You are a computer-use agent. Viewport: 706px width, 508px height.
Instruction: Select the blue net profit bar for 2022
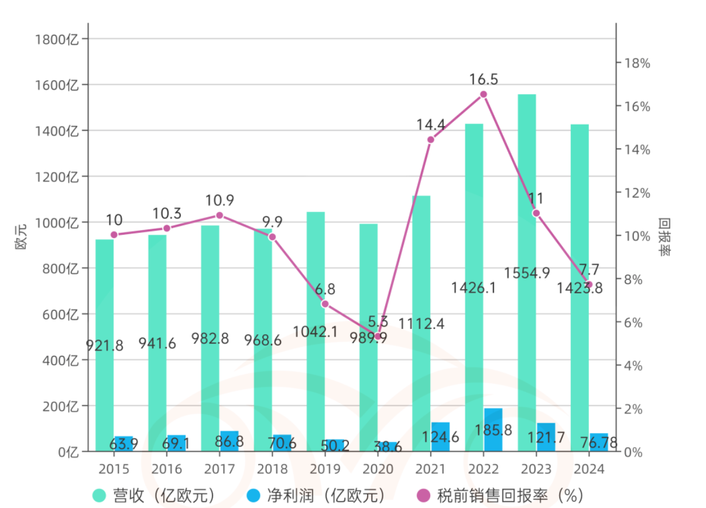(x=493, y=430)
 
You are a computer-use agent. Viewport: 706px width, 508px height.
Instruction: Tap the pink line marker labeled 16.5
(x=484, y=94)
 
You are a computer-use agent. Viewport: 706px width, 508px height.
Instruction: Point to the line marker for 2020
(x=378, y=336)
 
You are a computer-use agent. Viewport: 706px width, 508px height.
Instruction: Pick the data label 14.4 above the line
(x=431, y=124)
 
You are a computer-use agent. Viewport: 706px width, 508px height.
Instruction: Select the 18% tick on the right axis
(x=638, y=63)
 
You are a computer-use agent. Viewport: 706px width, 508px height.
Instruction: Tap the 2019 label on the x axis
(x=325, y=469)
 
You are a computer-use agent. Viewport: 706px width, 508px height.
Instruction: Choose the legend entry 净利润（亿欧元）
(x=316, y=495)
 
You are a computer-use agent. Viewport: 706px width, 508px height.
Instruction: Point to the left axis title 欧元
(x=21, y=241)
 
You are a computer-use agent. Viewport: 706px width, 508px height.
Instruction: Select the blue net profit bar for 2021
(x=440, y=437)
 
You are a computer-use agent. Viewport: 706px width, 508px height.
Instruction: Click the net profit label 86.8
(x=229, y=441)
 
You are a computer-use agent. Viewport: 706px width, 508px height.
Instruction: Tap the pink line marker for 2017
(x=220, y=215)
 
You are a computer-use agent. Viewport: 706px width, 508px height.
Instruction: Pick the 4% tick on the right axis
(x=635, y=366)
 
